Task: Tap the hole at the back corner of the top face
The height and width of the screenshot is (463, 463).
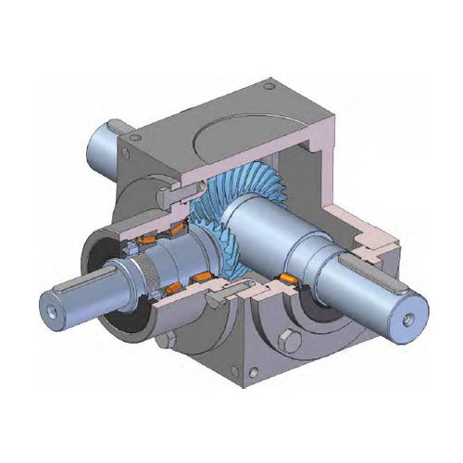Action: (269, 89)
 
